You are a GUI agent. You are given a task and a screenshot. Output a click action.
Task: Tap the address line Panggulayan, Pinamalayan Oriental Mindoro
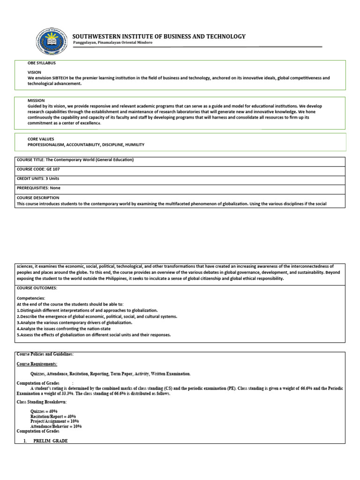112,43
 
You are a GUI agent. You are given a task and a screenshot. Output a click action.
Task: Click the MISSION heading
36,100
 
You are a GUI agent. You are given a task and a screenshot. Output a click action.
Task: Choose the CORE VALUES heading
41,139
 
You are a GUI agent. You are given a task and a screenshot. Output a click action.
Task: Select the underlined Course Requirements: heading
37,364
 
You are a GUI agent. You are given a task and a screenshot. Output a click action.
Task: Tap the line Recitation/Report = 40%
53,416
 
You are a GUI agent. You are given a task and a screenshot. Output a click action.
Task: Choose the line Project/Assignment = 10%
54,421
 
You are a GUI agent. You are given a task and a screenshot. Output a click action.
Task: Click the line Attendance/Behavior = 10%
56,427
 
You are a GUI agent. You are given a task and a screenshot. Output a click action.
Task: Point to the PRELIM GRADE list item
51,441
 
